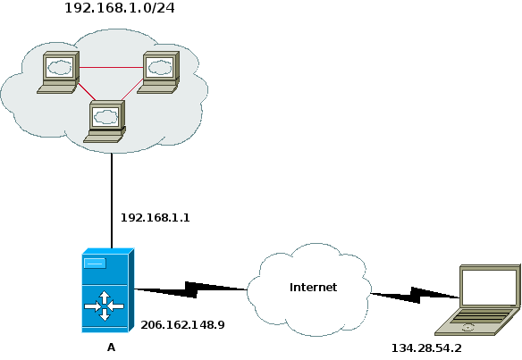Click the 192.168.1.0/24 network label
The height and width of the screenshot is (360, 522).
[120, 8]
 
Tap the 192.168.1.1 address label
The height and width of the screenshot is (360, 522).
[155, 218]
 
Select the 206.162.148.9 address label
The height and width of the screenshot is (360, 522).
[182, 325]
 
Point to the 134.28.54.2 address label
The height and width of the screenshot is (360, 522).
[426, 348]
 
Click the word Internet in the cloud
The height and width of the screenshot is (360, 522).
[313, 287]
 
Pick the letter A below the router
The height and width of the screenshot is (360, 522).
[111, 347]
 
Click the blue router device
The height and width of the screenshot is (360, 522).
[108, 290]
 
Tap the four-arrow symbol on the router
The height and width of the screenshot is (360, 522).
[105, 306]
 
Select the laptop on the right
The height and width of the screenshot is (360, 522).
[477, 300]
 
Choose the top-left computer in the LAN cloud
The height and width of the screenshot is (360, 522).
[58, 72]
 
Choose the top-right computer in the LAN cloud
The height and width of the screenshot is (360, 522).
[158, 72]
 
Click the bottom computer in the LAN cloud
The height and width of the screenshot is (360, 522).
[105, 121]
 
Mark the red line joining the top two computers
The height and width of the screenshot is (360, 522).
[112, 68]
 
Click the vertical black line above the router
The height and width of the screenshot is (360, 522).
[112, 201]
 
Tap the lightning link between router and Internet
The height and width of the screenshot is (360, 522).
[190, 289]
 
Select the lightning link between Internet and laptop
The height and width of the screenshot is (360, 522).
[415, 295]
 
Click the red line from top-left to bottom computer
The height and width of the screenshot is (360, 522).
[87, 91]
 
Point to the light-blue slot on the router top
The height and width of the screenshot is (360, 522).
[96, 264]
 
